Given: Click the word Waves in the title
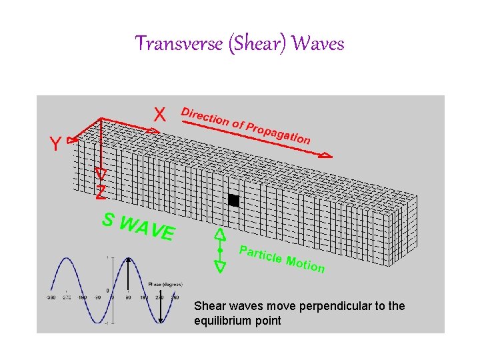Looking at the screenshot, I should (318, 44).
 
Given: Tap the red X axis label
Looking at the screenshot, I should (160, 115).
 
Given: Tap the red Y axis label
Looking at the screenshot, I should (55, 143).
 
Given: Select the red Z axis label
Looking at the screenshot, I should (101, 193).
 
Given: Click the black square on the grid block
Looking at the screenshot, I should (233, 200).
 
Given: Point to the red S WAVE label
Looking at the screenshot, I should (138, 227).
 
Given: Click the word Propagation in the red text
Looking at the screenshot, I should (278, 133).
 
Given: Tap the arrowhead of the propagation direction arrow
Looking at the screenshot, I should (325, 155).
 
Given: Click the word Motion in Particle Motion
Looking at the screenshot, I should (305, 264).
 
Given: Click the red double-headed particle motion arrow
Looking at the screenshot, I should (219, 250).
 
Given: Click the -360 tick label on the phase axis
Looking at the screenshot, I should (51, 297).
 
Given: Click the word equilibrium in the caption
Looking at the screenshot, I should (224, 321).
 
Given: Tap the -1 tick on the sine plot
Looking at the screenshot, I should (107, 323).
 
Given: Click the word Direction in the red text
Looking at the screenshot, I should (205, 117).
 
